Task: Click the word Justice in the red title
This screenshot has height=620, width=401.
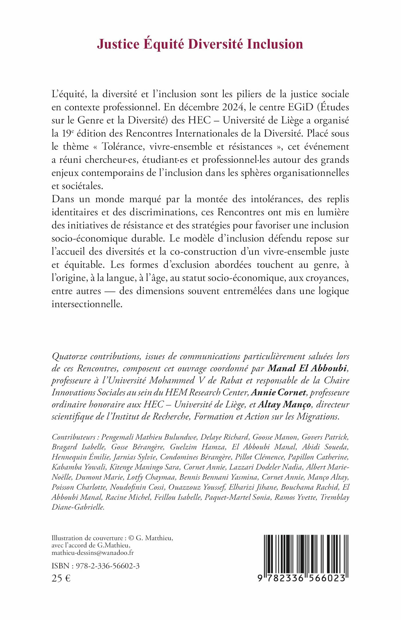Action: pyautogui.click(x=118, y=44)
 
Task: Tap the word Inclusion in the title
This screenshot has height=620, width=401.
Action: pyautogui.click(x=275, y=44)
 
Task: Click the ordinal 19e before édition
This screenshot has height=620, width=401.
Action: pyautogui.click(x=68, y=133)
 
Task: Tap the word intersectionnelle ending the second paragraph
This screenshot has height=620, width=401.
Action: pyautogui.click(x=87, y=304)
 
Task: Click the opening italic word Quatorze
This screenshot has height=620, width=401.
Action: pyautogui.click(x=69, y=357)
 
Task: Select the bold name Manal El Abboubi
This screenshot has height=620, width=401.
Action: pyautogui.click(x=307, y=368)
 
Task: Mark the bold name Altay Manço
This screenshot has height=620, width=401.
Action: pyautogui.click(x=284, y=405)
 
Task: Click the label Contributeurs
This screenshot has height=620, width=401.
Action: pyautogui.click(x=74, y=437)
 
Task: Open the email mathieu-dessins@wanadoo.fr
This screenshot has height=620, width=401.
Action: pyautogui.click(x=93, y=553)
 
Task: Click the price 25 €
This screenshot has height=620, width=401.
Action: pyautogui.click(x=61, y=579)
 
